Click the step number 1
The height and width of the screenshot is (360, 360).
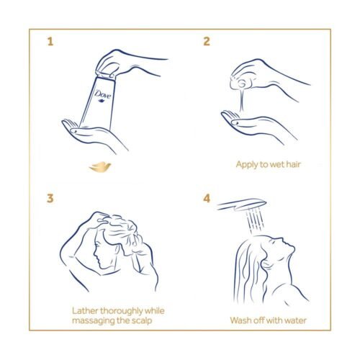[x=50, y=41]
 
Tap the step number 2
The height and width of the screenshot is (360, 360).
[x=207, y=41]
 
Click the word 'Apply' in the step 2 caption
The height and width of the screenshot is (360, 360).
[x=248, y=164]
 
